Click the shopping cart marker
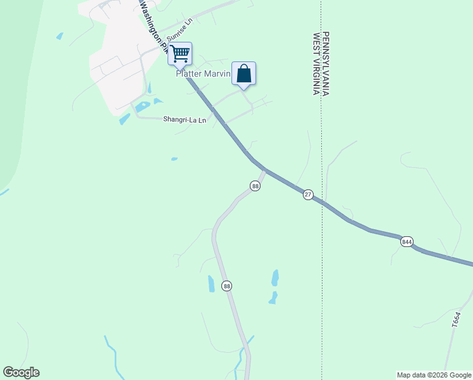[180, 54]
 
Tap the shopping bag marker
[243, 74]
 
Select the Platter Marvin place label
[202, 74]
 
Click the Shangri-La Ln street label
[185, 119]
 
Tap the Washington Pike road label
[152, 25]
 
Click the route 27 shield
[308, 194]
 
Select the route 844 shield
[407, 241]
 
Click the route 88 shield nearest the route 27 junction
[255, 186]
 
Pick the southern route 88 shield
[227, 286]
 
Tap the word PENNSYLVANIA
[326, 63]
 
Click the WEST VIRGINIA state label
[314, 63]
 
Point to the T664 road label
[455, 318]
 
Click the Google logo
[21, 372]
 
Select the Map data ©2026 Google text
[434, 375]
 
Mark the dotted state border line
[321, 253]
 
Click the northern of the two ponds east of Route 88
[275, 277]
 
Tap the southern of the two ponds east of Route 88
[273, 297]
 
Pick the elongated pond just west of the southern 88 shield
[211, 283]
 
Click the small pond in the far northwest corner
[59, 36]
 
